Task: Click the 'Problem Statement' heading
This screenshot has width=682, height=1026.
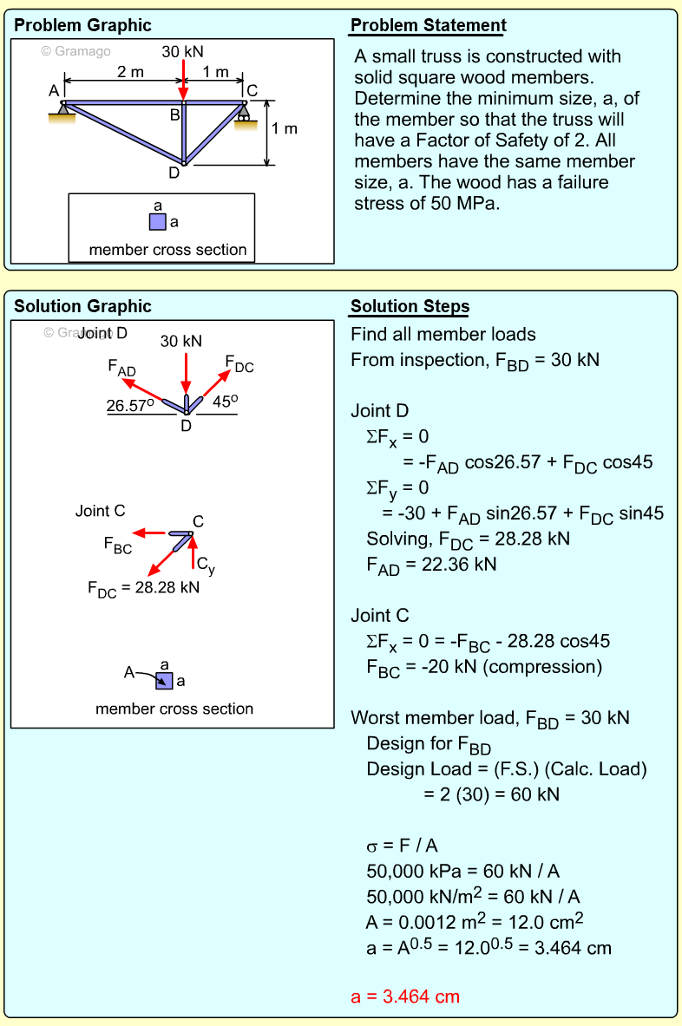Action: coord(428,25)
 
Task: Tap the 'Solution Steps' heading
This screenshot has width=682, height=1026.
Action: coord(410,306)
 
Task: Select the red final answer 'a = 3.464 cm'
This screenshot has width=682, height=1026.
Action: coord(405,997)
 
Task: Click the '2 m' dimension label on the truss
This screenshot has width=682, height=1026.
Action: coord(131,72)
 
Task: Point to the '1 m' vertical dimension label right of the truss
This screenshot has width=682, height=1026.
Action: coord(284,129)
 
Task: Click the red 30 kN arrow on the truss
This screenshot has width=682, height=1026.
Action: coord(182,79)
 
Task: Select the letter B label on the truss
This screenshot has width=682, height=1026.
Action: coord(174,114)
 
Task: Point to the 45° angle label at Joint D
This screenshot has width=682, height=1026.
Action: coord(225,402)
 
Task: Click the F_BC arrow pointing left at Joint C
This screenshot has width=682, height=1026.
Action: coord(156,533)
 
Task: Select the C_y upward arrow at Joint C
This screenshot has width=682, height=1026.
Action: coord(192,554)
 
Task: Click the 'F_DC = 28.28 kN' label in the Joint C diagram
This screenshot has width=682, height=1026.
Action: coord(143,588)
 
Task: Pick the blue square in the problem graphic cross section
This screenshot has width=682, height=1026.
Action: coord(157,221)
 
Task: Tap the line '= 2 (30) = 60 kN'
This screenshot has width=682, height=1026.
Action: coord(491,794)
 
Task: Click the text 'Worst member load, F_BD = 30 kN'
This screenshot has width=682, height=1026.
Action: coord(490,718)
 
